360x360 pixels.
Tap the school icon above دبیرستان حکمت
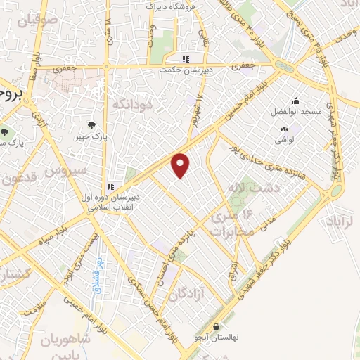coord(186,59)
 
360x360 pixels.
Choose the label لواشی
coord(285,141)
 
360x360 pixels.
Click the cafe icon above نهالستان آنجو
coord(216,326)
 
